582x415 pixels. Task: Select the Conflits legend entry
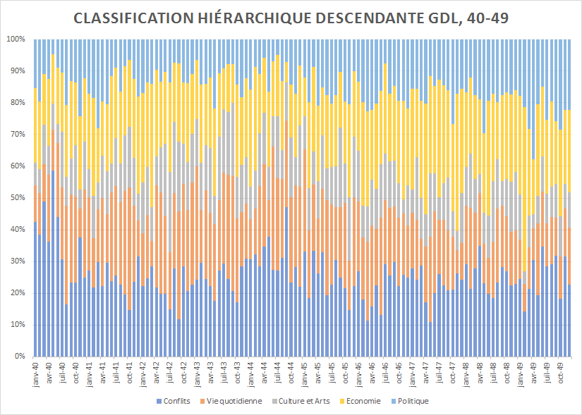click(x=176, y=401)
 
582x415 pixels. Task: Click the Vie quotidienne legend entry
click(x=234, y=401)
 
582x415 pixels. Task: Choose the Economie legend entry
click(x=364, y=401)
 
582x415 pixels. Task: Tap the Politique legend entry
click(x=413, y=401)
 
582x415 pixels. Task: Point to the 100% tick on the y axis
click(x=16, y=39)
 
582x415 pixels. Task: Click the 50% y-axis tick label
click(x=18, y=198)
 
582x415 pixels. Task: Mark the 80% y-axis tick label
click(x=18, y=103)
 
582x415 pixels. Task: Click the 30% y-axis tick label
click(x=18, y=261)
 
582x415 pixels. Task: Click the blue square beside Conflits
click(x=157, y=402)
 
